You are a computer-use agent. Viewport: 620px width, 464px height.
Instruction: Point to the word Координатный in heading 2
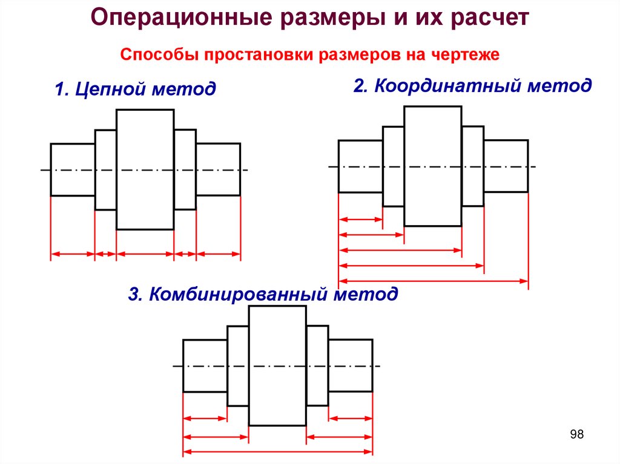coord(447,85)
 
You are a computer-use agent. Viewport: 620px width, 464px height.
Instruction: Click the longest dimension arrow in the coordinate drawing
coord(434,280)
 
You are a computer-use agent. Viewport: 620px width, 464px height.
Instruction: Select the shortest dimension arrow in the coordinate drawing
coord(361,218)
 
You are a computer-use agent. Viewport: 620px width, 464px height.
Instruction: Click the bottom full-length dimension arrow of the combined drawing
coord(277,451)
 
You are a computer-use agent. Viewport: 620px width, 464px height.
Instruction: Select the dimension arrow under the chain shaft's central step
coord(145,255)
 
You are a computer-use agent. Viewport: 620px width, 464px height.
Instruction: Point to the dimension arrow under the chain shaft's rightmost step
coord(219,255)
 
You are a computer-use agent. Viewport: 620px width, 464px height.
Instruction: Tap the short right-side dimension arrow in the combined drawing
coord(351,418)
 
